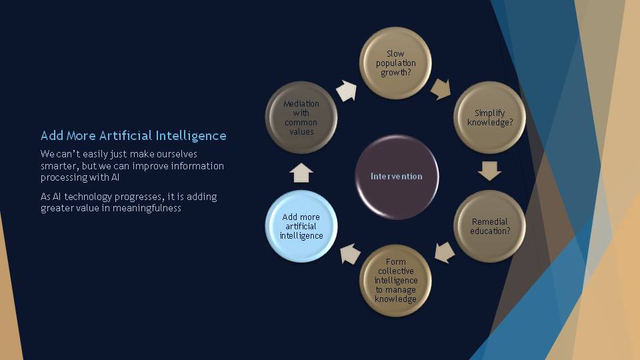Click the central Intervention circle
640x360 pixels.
tap(396, 177)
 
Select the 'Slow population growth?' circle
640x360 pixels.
tap(395, 63)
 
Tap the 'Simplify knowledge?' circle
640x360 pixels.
tap(490, 117)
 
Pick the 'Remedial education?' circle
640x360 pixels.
tap(490, 226)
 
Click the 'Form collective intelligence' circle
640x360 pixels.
tap(395, 281)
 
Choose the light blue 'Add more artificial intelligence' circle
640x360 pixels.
tap(301, 226)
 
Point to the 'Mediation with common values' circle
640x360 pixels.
tap(301, 117)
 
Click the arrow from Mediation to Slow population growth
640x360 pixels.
tap(347, 91)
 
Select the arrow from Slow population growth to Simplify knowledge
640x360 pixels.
tap(441, 89)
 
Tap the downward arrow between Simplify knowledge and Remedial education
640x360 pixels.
tap(489, 171)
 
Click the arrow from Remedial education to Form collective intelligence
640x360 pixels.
tap(444, 253)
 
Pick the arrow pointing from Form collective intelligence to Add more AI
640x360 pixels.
tap(350, 254)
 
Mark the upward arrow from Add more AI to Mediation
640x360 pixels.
tap(301, 173)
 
